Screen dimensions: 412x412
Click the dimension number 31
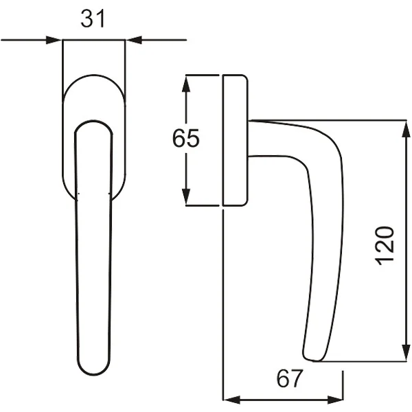tap(93, 19)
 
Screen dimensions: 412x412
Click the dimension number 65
tap(186, 138)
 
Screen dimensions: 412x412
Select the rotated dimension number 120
tap(385, 246)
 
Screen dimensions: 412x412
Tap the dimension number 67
tap(290, 378)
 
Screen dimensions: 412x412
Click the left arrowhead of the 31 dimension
tap(54, 41)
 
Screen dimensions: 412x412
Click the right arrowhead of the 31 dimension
tap(134, 41)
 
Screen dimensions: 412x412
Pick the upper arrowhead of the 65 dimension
tap(186, 84)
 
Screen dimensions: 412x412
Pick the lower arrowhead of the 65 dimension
tap(186, 197)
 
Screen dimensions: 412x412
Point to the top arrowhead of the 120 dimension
tap(407, 129)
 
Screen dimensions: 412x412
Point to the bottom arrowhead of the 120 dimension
tap(407, 353)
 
